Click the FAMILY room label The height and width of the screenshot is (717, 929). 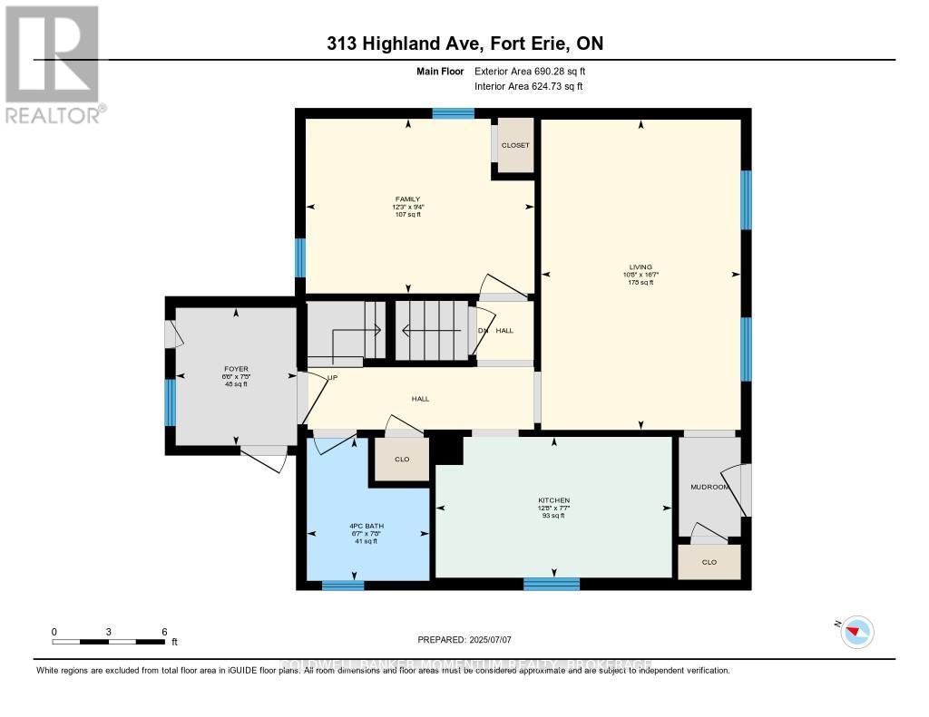[407, 199]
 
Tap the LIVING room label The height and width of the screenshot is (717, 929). [641, 266]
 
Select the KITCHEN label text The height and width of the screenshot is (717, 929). [553, 500]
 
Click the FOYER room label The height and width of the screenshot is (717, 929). [236, 369]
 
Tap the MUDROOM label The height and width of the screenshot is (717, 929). [709, 487]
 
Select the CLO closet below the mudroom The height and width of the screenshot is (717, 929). [709, 562]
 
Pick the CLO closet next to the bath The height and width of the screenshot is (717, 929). [402, 460]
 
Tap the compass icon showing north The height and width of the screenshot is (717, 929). [857, 631]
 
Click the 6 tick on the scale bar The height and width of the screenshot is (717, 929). [163, 631]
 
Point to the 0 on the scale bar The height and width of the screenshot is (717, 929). [54, 631]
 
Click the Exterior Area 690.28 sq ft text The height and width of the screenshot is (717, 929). [536, 71]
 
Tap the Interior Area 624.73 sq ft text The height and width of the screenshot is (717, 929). [528, 86]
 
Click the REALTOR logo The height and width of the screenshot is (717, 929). [54, 63]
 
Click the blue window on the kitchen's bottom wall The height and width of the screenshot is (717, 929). [552, 584]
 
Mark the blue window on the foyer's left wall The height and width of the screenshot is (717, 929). [170, 402]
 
